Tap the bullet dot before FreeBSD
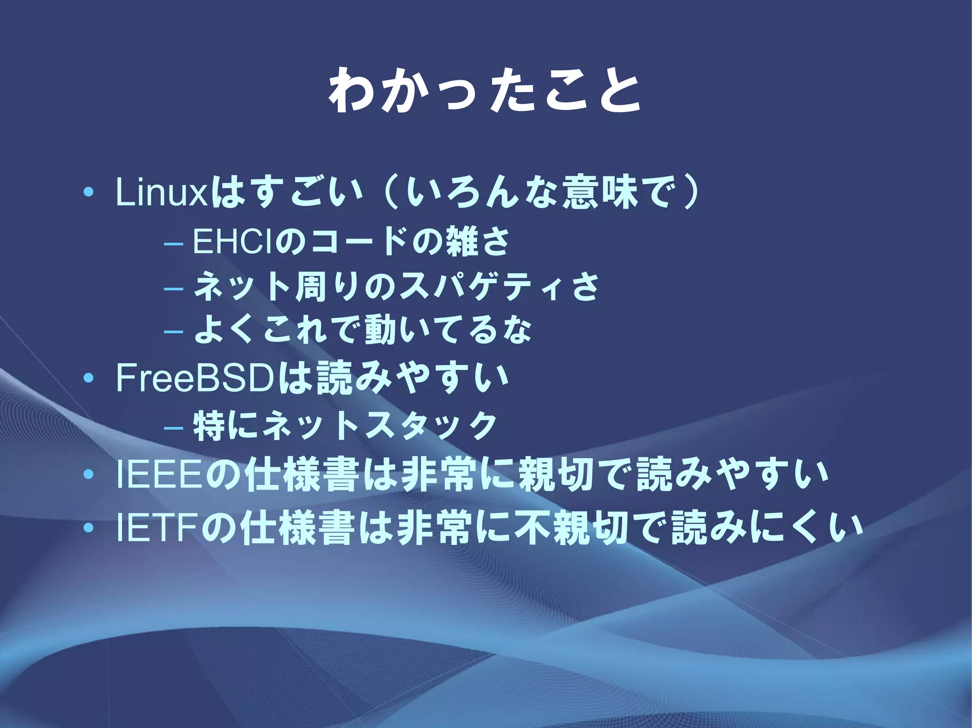coord(88,379)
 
